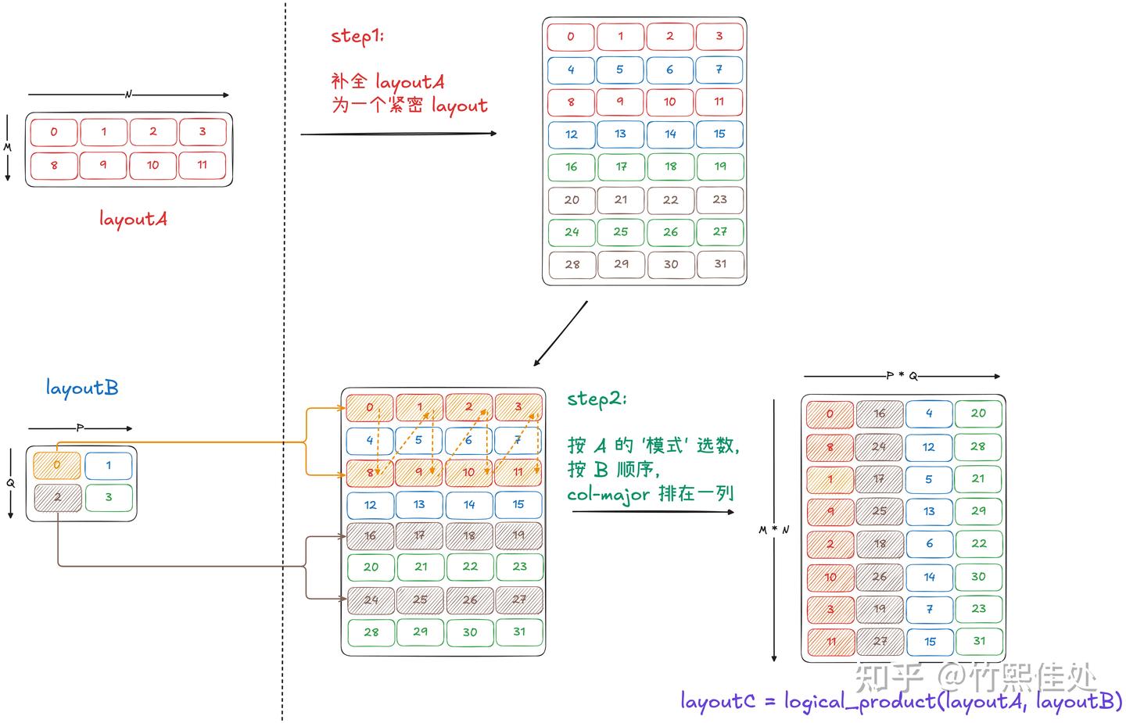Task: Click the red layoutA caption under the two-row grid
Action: [133, 219]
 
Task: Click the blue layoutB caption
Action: [82, 388]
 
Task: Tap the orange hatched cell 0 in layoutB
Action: [57, 465]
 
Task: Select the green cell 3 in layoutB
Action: [109, 497]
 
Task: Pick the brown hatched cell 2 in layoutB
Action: [57, 497]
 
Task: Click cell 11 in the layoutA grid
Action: [203, 165]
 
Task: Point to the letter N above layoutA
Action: [128, 95]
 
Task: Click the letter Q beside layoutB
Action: [11, 483]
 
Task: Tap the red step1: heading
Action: [357, 36]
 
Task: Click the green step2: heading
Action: [597, 399]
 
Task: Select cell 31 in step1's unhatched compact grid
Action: [720, 264]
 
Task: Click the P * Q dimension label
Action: [902, 376]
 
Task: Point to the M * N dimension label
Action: [773, 530]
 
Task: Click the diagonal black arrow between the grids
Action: [560, 334]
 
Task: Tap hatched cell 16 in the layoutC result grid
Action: [880, 413]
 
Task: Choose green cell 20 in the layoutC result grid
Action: [978, 413]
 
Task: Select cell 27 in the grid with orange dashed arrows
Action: [519, 600]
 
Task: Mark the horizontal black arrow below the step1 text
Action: [399, 134]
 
